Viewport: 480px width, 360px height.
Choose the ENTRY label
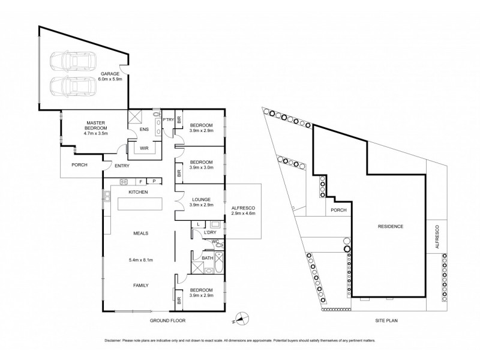click(122, 166)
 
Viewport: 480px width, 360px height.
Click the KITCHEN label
click(138, 191)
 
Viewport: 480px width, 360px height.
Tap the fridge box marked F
click(140, 181)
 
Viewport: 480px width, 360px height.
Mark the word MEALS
click(141, 233)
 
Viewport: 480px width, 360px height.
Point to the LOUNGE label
click(201, 199)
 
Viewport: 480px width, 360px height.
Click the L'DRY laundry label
click(209, 232)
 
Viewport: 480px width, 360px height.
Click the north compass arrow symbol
click(241, 317)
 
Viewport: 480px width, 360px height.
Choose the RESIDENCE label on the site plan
click(390, 226)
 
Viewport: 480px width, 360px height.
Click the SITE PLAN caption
click(389, 321)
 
